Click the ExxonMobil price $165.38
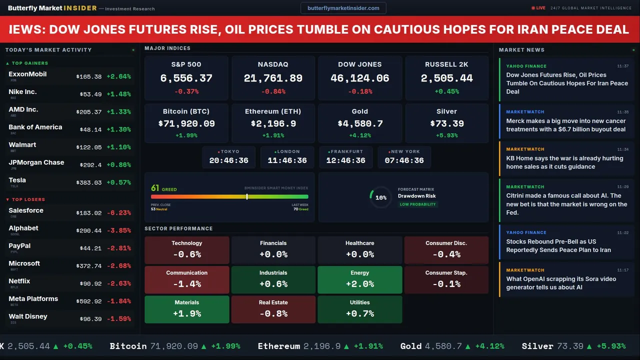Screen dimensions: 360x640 point(89,76)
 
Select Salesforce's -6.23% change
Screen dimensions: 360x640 point(119,212)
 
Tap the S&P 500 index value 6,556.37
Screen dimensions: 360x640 point(186,78)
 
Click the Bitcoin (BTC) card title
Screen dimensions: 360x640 point(186,111)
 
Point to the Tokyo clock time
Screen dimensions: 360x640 point(228,160)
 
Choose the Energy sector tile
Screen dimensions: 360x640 point(359,279)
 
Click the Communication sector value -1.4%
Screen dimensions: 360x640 point(187,284)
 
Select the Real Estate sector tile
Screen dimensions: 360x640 point(273,309)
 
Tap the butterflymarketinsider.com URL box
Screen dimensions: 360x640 point(343,8)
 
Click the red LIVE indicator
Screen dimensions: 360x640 point(538,8)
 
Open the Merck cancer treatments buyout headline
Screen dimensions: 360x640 point(565,125)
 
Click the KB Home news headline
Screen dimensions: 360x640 point(564,162)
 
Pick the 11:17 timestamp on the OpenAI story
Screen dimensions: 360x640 point(622,270)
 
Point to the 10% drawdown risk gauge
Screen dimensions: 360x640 point(380,197)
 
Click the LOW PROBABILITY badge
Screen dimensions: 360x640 point(417,204)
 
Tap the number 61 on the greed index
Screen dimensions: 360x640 point(155,188)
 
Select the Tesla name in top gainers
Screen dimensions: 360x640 point(17,180)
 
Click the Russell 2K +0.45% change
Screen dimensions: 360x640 point(446,91)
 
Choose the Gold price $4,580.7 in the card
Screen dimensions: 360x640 point(359,123)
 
